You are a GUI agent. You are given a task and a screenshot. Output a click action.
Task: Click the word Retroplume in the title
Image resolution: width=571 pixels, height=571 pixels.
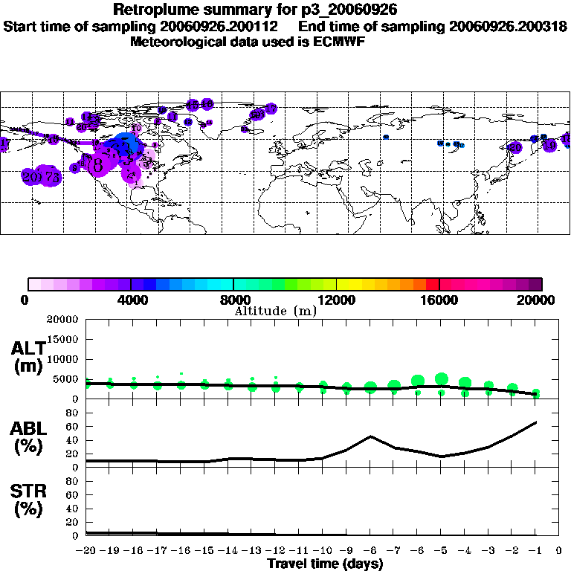pos(155,10)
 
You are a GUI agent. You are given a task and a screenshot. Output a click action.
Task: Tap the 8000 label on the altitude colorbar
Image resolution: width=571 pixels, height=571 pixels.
pos(233,300)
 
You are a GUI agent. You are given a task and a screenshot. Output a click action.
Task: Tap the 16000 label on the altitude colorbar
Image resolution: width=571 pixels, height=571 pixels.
pos(440,300)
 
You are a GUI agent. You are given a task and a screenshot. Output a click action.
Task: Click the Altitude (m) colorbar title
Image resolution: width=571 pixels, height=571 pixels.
pos(275,311)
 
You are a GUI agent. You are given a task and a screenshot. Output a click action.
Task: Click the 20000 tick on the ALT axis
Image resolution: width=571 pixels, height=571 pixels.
pos(63,320)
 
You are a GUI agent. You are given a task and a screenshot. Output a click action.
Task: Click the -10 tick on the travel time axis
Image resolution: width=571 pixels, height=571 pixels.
pos(323,552)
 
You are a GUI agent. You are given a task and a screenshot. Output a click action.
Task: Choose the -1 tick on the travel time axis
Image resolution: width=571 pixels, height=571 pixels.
pos(536,552)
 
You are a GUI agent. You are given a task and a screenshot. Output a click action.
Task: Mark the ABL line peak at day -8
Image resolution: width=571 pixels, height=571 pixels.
pos(370,436)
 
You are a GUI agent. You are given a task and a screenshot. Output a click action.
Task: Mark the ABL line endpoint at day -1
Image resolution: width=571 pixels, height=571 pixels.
pos(536,422)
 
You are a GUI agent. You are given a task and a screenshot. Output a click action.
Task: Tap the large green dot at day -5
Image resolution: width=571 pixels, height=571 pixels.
pos(442,379)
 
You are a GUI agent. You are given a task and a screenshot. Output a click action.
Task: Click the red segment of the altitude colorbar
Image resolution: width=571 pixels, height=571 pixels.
pos(431,284)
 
